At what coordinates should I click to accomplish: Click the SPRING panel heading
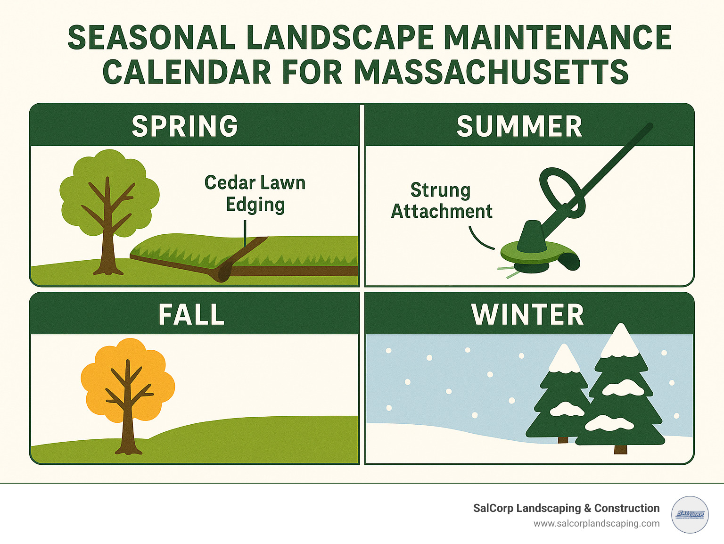[185, 126]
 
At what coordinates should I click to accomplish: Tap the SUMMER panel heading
[519, 126]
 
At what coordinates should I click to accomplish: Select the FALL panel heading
[191, 314]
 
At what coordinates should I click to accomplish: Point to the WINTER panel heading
[527, 314]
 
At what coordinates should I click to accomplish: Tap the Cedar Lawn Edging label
[255, 193]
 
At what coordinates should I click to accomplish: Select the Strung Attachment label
[441, 201]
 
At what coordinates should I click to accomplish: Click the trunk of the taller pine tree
[620, 449]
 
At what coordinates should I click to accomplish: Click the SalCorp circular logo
[690, 514]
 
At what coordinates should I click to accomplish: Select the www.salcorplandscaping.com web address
[596, 524]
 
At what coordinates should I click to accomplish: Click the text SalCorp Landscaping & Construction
[566, 508]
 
